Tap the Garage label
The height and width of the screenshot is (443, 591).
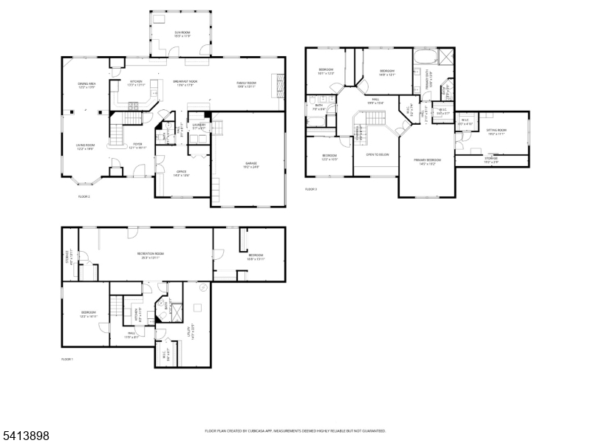coord(252,165)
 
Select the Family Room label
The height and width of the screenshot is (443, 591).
coord(246,83)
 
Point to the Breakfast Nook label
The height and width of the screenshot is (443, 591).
coord(185,83)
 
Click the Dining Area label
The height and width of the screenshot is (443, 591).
coord(87,86)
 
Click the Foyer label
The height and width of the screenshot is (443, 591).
coord(137,145)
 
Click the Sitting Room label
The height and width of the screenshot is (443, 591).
coord(496,132)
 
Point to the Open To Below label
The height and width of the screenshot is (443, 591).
coord(376,154)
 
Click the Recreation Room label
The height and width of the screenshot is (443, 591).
coord(150,255)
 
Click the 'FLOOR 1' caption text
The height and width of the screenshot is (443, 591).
coord(67,359)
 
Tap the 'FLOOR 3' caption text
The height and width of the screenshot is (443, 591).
coord(311,190)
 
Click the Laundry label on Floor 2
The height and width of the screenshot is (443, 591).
coord(199,127)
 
